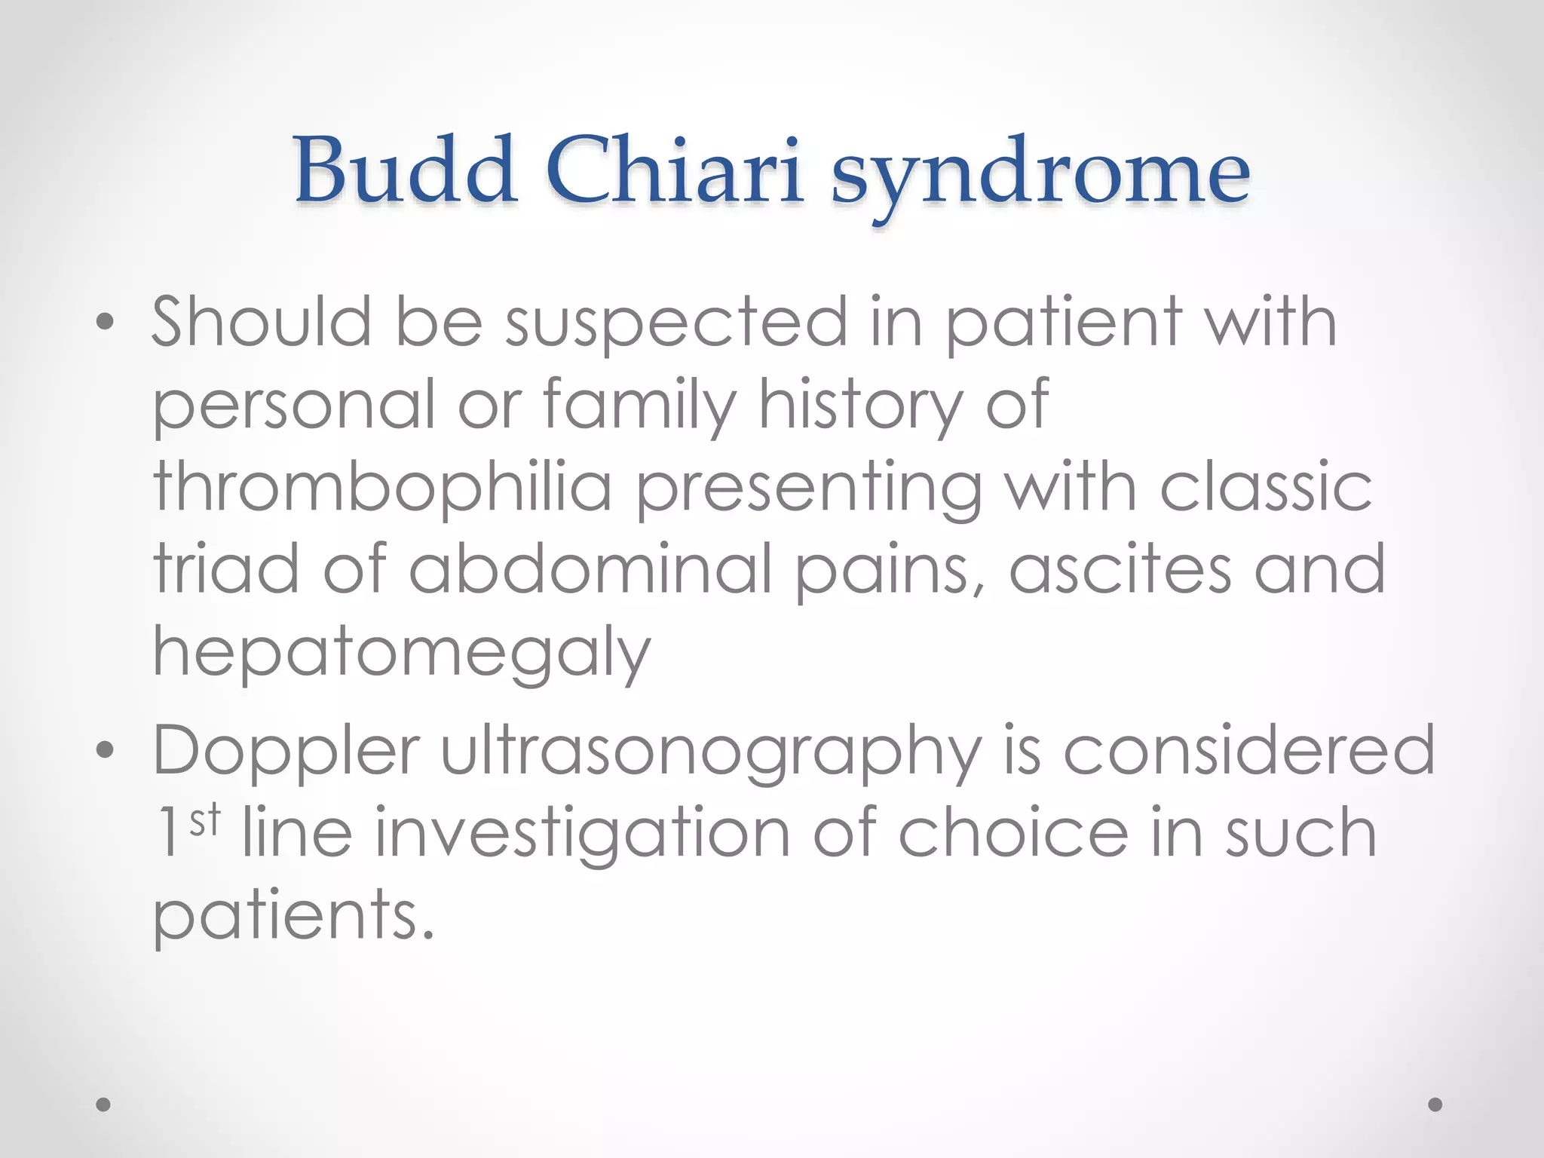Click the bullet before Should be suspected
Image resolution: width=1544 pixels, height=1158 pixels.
point(105,323)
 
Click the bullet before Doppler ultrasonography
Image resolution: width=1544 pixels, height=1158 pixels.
point(105,750)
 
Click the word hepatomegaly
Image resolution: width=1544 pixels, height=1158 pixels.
point(401,654)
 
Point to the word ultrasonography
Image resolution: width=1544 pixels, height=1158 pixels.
point(711,754)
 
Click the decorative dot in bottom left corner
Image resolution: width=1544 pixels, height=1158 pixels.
point(104,1104)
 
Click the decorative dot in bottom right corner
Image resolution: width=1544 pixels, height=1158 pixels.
point(1435,1104)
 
